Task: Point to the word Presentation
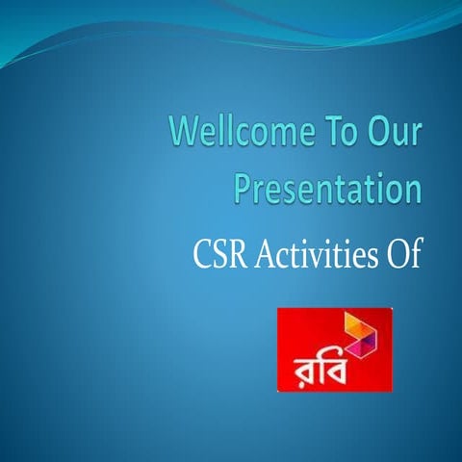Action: [x=328, y=187]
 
